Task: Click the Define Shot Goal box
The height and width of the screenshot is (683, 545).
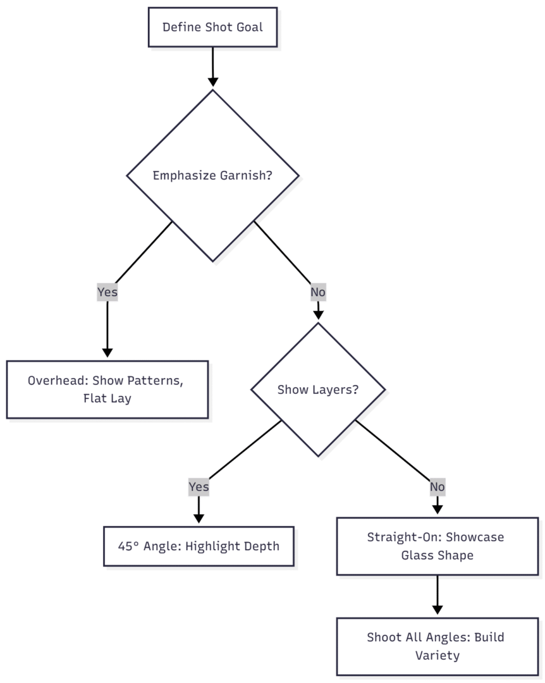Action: click(x=212, y=27)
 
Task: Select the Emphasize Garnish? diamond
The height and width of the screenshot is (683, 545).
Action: click(x=212, y=175)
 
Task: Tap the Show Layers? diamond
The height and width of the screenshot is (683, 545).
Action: click(x=318, y=390)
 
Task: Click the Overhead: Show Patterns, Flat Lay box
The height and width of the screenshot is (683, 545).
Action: click(x=107, y=390)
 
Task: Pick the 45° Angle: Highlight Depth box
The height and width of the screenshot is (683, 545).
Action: click(x=199, y=546)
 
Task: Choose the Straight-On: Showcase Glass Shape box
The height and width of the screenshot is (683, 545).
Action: click(x=437, y=546)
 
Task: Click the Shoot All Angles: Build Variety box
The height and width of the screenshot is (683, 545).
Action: click(x=437, y=646)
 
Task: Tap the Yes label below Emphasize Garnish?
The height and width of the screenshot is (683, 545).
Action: click(x=107, y=292)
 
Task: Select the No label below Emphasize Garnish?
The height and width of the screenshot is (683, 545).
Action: click(x=318, y=292)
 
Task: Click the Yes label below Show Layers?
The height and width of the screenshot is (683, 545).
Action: click(x=199, y=487)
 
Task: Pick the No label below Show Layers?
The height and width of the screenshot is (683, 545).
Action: click(x=437, y=487)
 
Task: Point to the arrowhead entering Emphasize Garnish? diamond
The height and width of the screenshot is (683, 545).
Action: click(x=212, y=82)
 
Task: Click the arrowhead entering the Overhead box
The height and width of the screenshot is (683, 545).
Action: click(x=107, y=352)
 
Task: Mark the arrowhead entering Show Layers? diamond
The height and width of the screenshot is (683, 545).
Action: click(x=318, y=314)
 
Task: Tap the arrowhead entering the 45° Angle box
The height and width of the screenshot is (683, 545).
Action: click(x=199, y=518)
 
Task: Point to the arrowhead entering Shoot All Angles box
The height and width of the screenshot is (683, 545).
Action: click(x=437, y=609)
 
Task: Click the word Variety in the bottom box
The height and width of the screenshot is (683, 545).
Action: click(x=437, y=655)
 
